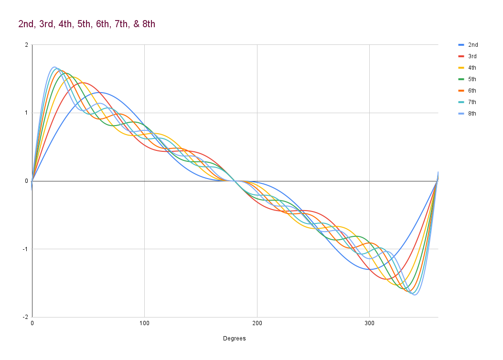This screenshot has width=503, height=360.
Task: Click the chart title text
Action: [86, 24]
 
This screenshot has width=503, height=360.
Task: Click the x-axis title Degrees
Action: [235, 339]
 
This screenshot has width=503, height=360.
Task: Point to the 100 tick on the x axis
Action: [144, 323]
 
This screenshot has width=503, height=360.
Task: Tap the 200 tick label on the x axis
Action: [257, 323]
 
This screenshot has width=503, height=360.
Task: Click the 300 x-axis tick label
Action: [369, 323]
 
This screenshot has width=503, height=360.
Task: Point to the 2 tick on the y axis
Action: [27, 45]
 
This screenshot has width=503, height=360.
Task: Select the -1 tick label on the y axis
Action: [25, 249]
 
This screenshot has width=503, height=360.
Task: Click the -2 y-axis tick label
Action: [25, 317]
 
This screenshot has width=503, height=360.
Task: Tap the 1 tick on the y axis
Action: [27, 113]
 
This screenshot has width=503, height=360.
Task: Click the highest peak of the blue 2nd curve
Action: [99, 93]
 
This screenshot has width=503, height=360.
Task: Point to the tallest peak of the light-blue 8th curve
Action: [54, 67]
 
